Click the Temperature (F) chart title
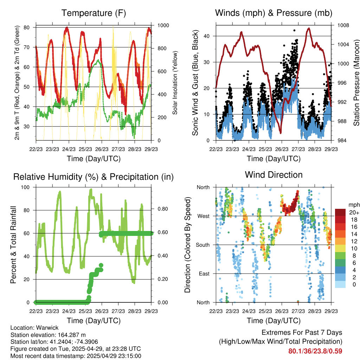94,13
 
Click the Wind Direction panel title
274,175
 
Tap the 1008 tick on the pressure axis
343,25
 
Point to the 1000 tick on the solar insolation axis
163,25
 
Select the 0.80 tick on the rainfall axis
163,209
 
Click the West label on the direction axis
204,216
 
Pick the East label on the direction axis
204,274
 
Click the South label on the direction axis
203,245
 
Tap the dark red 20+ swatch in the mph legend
340,212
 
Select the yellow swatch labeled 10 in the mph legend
340,249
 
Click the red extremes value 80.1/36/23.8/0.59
315,351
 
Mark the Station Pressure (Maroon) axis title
356,83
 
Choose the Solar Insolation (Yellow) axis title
175,83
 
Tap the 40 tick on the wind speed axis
206,36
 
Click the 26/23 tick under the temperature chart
102,149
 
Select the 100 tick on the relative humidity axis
25,187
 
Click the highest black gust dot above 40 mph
294,30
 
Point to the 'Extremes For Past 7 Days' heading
302,333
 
